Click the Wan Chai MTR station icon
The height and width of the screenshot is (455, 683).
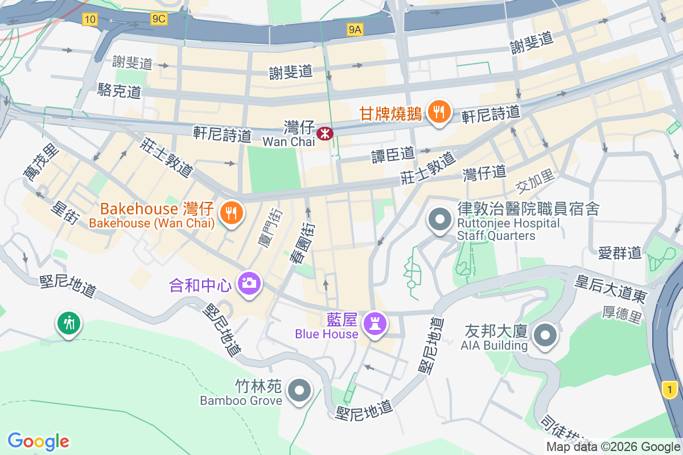326,134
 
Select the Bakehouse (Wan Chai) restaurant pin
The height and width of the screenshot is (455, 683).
231,213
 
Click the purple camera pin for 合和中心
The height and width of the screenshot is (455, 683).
249,283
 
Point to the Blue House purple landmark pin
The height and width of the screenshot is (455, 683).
375,324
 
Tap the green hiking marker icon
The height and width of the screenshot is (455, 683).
69,324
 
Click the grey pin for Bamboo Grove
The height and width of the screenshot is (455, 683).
299,391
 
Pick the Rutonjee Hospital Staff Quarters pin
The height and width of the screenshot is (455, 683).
439,221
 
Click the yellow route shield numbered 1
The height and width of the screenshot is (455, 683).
670,390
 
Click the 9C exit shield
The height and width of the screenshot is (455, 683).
159,19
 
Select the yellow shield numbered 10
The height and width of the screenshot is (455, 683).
89,19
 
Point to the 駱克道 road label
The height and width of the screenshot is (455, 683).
119,90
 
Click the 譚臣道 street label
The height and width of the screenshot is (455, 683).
393,154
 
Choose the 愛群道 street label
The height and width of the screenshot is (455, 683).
620,252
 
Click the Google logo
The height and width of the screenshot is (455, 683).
38,441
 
